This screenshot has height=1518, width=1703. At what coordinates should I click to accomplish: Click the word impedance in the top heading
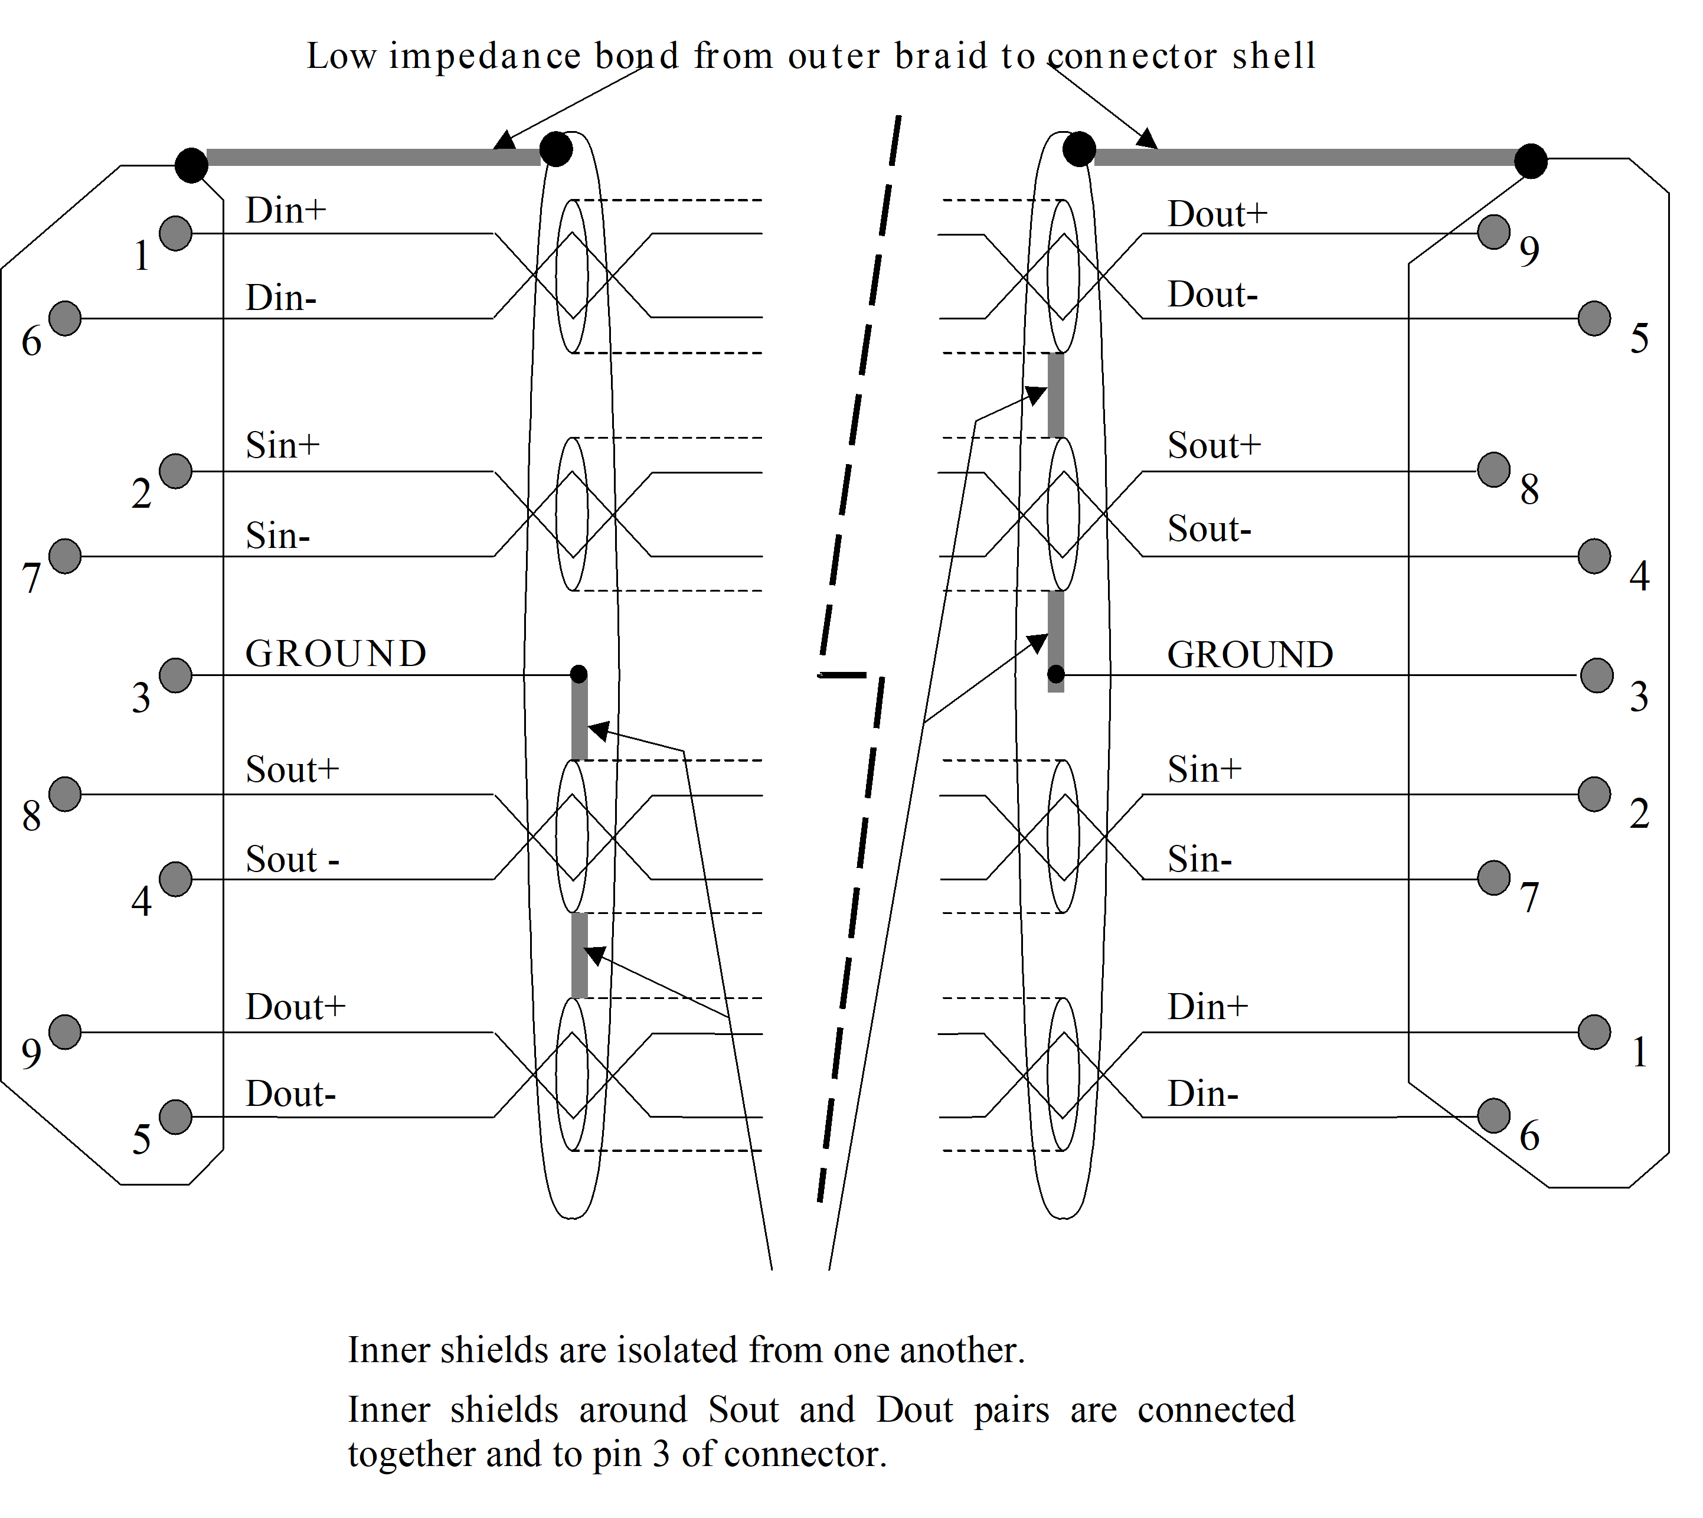[x=485, y=57]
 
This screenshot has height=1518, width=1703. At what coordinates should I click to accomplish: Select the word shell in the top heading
[x=1273, y=56]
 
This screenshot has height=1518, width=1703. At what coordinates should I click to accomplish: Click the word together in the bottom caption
[x=411, y=1455]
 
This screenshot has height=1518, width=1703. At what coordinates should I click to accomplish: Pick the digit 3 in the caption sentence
[x=661, y=1455]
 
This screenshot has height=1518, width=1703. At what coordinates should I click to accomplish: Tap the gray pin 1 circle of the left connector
[x=175, y=234]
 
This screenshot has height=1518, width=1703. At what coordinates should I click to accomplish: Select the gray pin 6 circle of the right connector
[x=1493, y=1116]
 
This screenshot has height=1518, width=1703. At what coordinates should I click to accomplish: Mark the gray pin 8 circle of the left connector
[x=65, y=794]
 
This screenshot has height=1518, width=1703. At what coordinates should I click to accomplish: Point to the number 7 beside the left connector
[x=32, y=579]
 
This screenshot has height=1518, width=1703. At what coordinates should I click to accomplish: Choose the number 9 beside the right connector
[x=1529, y=251]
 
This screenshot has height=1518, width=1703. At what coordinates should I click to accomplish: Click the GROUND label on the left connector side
[x=335, y=654]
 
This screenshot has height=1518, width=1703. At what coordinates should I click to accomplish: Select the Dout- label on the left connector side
[x=290, y=1093]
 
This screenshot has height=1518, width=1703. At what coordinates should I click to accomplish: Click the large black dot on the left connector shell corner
[x=191, y=165]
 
